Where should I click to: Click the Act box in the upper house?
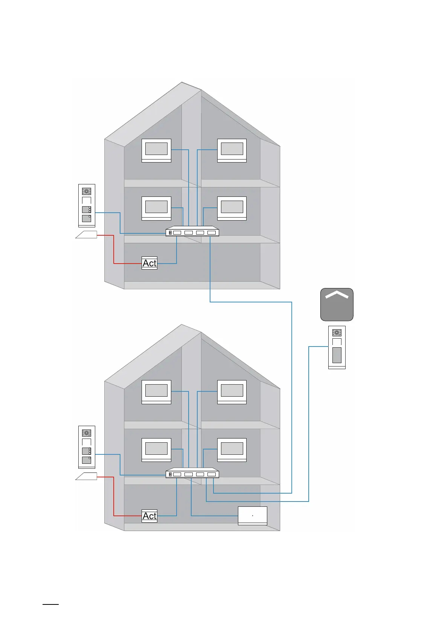[149, 263]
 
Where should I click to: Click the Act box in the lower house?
[149, 516]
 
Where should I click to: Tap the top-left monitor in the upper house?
[156, 150]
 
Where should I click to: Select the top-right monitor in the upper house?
[232, 150]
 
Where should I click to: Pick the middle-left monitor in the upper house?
[156, 208]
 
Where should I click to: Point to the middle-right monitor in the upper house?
[232, 208]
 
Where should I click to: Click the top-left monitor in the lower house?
[156, 392]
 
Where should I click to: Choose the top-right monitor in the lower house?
[232, 392]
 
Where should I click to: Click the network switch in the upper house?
[192, 232]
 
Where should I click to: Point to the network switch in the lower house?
[192, 473]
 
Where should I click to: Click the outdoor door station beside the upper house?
[87, 206]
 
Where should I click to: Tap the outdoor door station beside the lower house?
[87, 447]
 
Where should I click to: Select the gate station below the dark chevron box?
[337, 347]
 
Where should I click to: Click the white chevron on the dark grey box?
[337, 295]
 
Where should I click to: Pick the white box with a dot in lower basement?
[253, 515]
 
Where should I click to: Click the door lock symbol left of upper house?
[86, 235]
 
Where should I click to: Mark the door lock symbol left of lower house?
[86, 476]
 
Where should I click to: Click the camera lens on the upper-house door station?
[87, 191]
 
